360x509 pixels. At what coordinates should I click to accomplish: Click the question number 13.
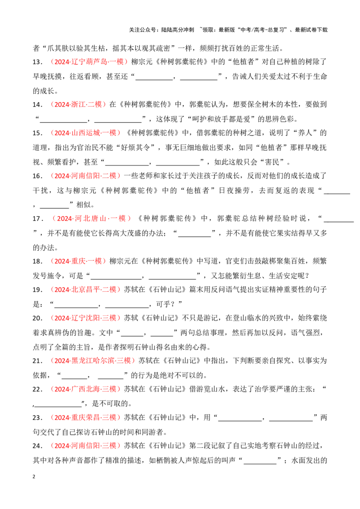tap(38, 62)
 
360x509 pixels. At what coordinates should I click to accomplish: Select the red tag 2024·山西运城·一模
tap(85, 133)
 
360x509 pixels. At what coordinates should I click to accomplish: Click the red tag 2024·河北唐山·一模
tap(91, 219)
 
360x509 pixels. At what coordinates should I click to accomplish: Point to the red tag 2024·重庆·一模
tap(78, 261)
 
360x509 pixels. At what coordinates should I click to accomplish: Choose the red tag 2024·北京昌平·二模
tap(85, 290)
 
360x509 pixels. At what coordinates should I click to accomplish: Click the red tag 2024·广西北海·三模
tap(85, 389)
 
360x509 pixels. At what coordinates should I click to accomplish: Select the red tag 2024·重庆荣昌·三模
tap(85, 417)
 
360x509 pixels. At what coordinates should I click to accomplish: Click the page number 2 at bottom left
tap(34, 477)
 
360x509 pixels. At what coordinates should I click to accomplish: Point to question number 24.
tap(38, 446)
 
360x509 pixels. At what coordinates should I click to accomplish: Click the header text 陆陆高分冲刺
tap(177, 30)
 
